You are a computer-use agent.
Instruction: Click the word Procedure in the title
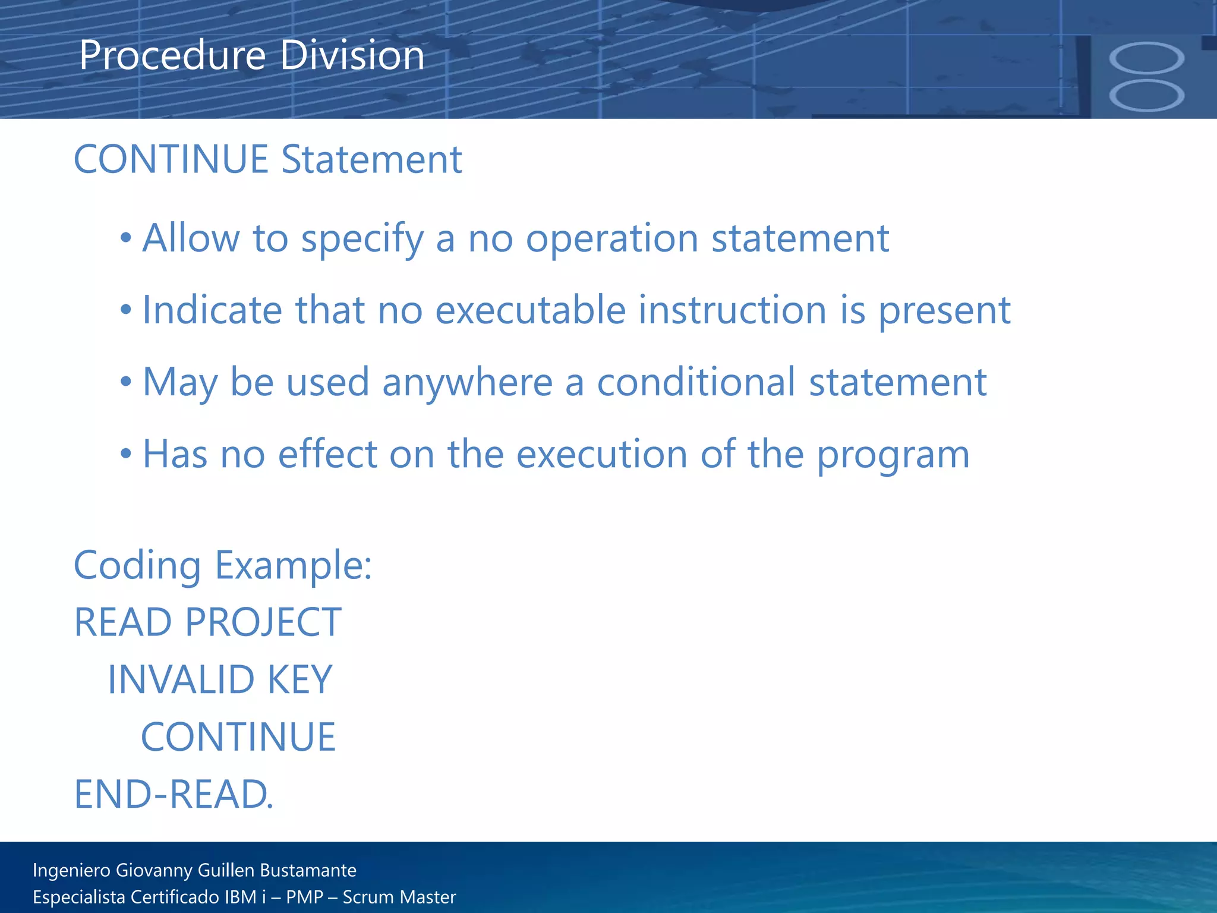pos(172,55)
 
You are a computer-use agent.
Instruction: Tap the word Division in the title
pos(352,55)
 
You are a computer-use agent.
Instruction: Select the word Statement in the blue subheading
pos(371,160)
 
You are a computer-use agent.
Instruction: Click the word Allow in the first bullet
pos(191,238)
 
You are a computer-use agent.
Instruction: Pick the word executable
pos(531,310)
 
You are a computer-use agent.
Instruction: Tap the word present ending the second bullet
pos(944,311)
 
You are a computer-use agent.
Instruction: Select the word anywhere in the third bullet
pos(468,383)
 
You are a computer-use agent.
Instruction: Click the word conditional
pos(696,382)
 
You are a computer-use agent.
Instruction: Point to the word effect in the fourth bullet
pos(327,455)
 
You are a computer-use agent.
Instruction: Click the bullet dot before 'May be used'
pos(125,383)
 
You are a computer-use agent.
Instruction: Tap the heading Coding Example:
pos(223,565)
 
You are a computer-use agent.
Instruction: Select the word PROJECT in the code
pos(263,622)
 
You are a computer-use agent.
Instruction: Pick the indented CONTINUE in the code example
pos(238,737)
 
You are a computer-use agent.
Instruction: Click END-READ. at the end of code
pos(174,795)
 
